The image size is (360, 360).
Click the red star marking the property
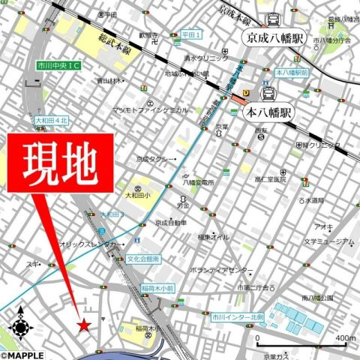tap(84, 325)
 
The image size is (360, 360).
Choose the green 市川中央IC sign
tap(61, 67)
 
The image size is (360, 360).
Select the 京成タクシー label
tap(155, 159)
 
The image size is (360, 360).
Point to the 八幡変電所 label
tap(199, 182)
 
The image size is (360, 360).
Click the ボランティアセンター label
tap(222, 270)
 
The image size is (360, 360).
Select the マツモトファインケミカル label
tap(150, 109)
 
